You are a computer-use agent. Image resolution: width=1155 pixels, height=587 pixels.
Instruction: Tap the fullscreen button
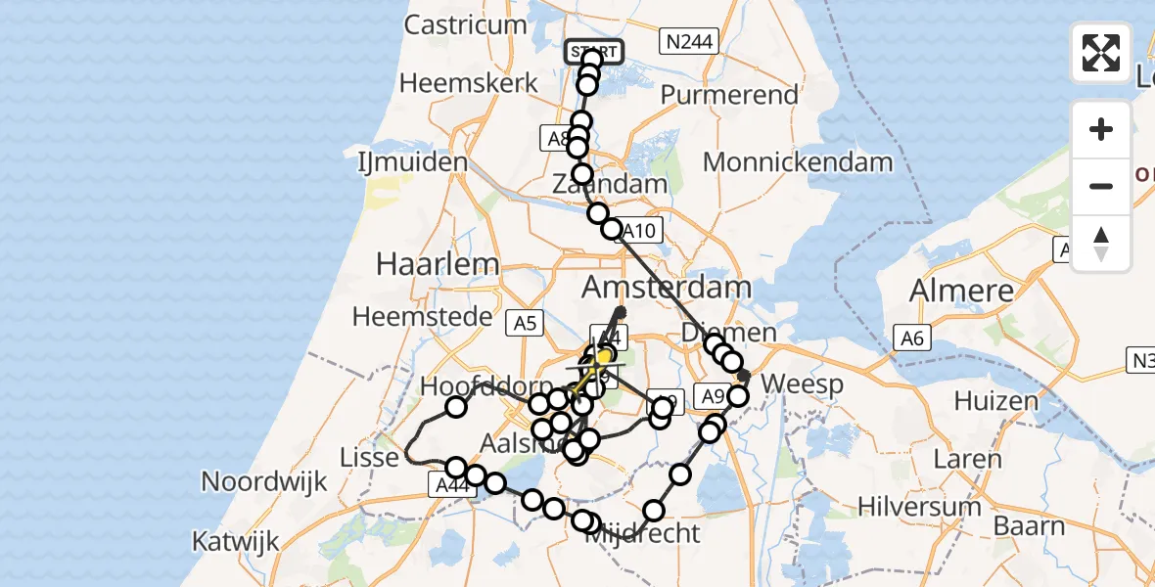[x=1101, y=53]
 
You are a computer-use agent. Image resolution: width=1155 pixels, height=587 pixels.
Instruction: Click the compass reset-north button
[x=1101, y=244]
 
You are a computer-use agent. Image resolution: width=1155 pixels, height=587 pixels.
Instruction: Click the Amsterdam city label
[x=668, y=288]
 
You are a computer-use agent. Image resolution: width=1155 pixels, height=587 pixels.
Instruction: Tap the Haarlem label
[x=439, y=263]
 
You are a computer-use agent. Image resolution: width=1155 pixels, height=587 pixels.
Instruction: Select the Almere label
[x=961, y=291]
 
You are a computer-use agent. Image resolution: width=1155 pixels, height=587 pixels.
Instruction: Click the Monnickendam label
[x=798, y=162]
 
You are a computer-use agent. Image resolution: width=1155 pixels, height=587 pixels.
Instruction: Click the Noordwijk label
[x=263, y=481]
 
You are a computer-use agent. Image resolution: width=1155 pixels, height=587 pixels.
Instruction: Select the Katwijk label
[x=236, y=541]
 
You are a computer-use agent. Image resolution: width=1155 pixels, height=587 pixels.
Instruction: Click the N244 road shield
[x=691, y=41]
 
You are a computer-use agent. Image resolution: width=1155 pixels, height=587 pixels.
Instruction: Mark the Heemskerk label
[x=469, y=83]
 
